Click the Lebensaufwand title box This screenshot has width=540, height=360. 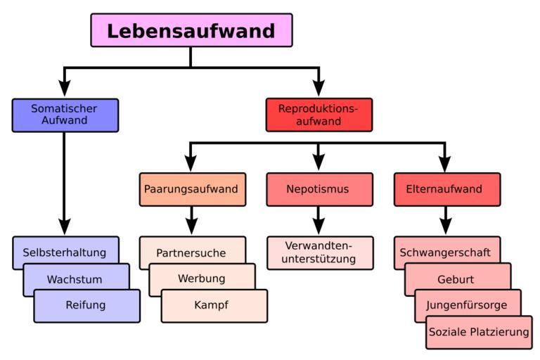tap(191, 30)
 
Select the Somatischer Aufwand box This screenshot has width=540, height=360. tap(65, 115)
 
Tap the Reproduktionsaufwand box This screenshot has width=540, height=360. tap(319, 115)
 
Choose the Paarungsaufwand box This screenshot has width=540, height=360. tap(192, 189)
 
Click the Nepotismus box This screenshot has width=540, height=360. tap(319, 189)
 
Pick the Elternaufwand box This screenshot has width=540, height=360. tap(444, 189)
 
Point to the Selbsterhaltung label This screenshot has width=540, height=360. tap(64, 252)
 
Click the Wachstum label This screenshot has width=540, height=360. tap(75, 279)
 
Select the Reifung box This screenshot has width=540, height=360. tap(86, 305)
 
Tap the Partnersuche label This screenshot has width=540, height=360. tap(191, 252)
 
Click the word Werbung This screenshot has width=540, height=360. tap(201, 278)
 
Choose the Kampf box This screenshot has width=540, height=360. tap(212, 305)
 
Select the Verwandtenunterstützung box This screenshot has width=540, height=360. tap(319, 252)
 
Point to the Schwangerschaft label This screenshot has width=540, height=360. tap(445, 252)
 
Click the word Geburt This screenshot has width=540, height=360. tap(456, 279)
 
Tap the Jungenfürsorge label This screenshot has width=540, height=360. tap(467, 306)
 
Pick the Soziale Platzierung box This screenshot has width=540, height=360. tap(478, 332)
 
